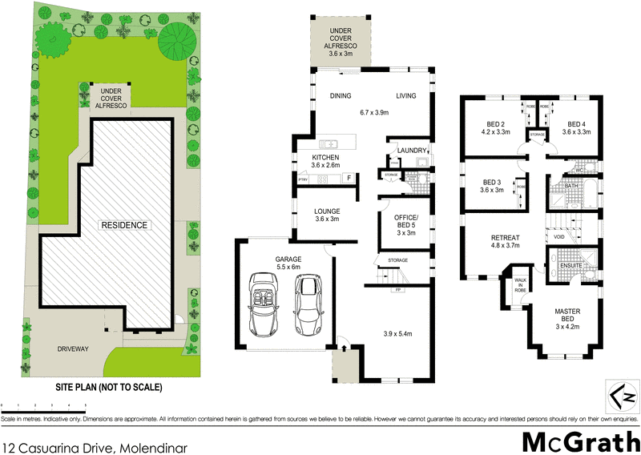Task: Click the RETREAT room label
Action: coord(506,237)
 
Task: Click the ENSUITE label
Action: coord(570,264)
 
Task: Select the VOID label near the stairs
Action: coord(558,237)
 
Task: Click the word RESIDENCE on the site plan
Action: coord(123,225)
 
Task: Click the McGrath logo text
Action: coord(579,441)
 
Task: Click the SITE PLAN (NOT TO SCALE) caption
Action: coord(108,387)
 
